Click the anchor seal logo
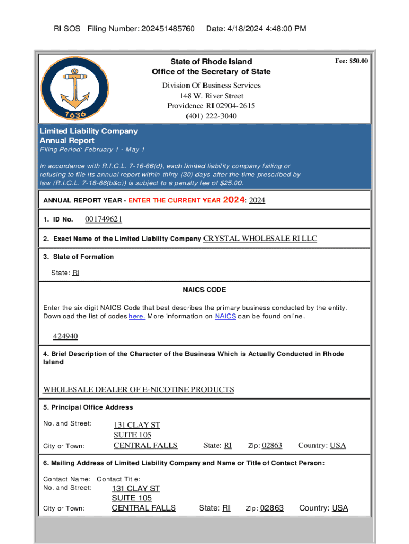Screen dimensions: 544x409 pos(70,88)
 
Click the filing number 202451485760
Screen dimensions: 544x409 pos(168,28)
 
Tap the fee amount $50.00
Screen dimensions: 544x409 pos(351,61)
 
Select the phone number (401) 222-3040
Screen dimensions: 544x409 pos(211,116)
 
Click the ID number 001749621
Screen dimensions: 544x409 pos(103,219)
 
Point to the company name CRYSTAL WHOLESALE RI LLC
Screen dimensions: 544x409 pos(260,239)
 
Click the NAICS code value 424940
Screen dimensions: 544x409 pos(65,336)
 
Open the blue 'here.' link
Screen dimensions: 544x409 pos(137,317)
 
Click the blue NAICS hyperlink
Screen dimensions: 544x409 pos(225,317)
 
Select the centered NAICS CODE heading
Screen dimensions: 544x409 pos(204,290)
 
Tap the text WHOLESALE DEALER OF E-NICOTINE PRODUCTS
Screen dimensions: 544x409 pos(138,389)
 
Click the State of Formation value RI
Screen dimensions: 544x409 pos(76,273)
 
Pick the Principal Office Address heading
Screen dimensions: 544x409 pos(88,407)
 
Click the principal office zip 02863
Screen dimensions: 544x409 pos(272,446)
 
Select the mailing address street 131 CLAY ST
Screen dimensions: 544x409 pos(135,488)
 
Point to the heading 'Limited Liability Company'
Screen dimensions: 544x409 pos(89,131)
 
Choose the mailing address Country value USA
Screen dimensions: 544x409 pos(340,508)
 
